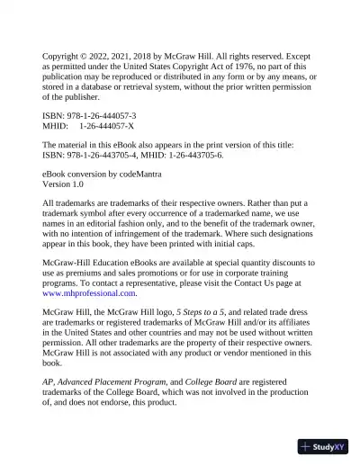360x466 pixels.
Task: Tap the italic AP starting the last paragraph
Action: tap(49, 381)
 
